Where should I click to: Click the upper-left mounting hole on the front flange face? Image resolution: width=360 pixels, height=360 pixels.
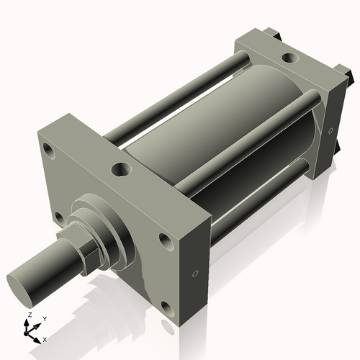(x=49, y=152)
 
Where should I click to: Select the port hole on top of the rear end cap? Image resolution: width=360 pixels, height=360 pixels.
(x=289, y=56)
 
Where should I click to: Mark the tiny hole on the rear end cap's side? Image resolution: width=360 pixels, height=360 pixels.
(x=330, y=131)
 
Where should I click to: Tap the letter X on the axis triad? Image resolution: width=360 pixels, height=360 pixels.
(x=45, y=338)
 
